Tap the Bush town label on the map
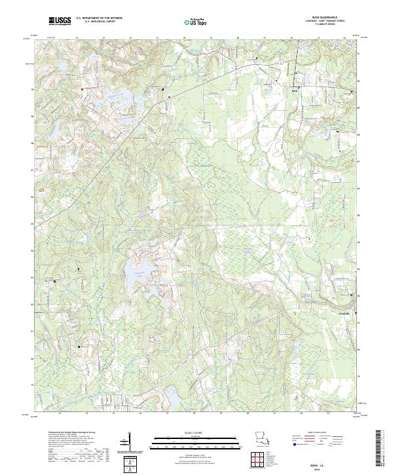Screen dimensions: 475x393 click(294, 90)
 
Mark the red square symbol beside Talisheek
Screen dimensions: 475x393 click(356, 313)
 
